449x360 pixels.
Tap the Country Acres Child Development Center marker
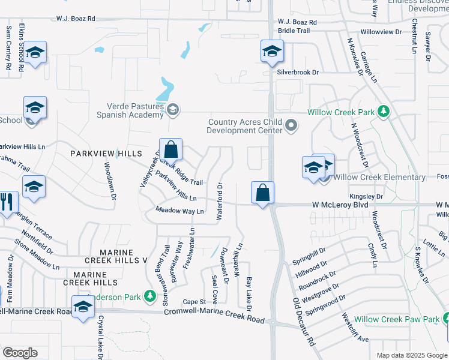292,125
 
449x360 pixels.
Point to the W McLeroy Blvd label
340,205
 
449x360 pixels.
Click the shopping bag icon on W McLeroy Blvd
262,193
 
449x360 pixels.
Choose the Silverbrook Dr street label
298,72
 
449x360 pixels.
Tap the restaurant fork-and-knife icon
7,201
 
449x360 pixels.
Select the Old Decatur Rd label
304,322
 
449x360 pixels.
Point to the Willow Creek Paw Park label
397,320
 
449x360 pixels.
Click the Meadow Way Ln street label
179,210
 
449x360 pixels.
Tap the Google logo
20,353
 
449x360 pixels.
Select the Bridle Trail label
294,31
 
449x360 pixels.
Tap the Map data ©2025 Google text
411,355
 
